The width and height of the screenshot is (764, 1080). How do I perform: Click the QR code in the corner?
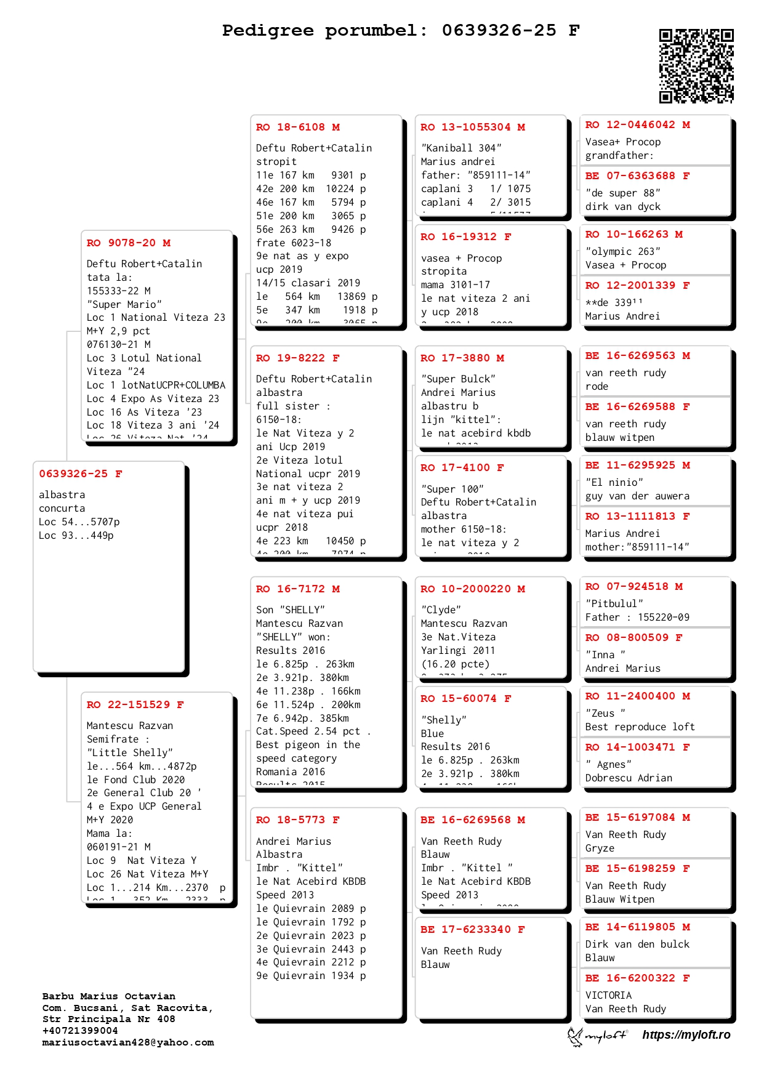(696, 66)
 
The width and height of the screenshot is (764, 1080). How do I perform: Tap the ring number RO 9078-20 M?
(128, 243)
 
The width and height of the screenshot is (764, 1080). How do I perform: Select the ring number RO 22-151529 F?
(135, 705)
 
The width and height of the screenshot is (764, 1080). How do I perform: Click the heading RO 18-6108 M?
(298, 127)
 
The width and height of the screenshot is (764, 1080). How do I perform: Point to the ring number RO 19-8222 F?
(298, 358)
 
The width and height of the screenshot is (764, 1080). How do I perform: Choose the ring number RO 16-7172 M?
(298, 589)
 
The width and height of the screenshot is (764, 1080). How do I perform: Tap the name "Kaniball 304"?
(461, 148)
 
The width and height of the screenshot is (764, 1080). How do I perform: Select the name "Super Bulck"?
(458, 379)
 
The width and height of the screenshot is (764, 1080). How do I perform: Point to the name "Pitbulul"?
(614, 604)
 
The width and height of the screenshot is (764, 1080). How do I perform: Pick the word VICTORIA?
(608, 996)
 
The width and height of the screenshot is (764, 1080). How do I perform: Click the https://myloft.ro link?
(686, 1035)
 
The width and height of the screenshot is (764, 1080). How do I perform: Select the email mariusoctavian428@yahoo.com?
(128, 1043)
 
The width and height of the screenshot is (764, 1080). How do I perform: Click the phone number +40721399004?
(79, 1031)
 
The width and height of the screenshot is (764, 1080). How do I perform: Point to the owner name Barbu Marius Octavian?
(108, 997)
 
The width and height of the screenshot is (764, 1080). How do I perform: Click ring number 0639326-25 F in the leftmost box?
(81, 474)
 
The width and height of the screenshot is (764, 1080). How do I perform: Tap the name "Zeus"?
(605, 714)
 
